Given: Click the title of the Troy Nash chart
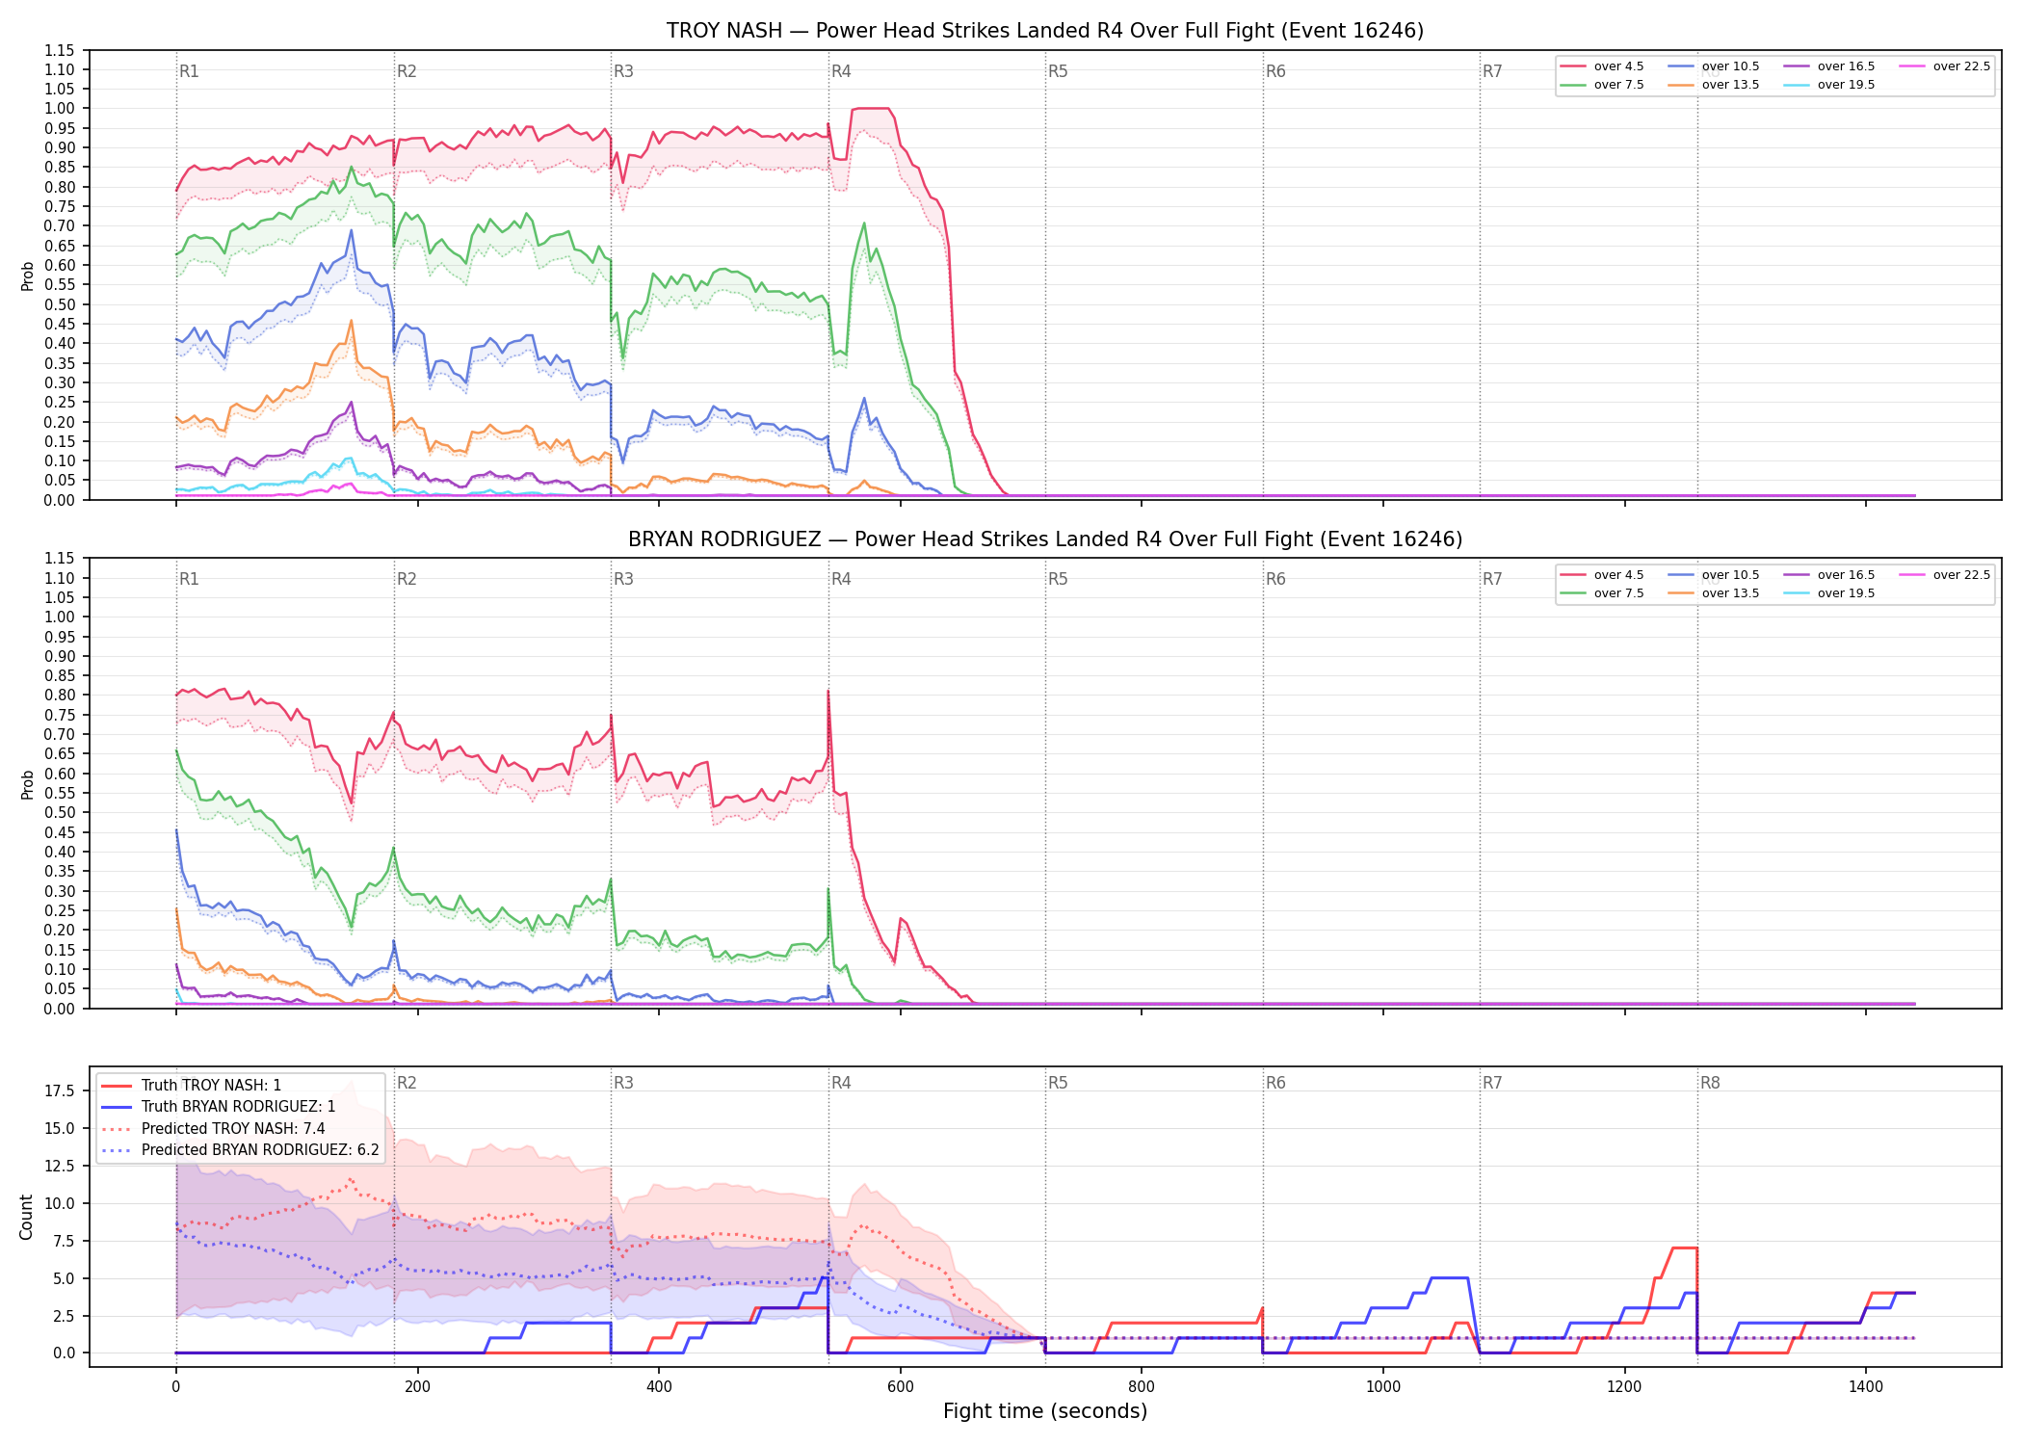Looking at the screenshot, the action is tap(1045, 31).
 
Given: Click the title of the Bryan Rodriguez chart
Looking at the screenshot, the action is tap(1045, 539).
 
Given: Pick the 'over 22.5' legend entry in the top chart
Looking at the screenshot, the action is tap(1944, 66).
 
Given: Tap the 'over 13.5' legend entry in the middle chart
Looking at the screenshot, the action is tap(1715, 593).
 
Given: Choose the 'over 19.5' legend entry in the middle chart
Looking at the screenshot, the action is tap(1830, 593).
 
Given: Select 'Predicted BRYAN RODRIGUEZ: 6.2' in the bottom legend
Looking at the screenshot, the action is tap(240, 1150).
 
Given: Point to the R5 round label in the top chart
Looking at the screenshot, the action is tap(1058, 71).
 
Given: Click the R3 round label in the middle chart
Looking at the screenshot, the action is tap(623, 579).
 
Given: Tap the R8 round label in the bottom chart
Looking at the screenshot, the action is tap(1710, 1083).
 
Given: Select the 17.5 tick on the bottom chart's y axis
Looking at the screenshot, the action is tap(60, 1091).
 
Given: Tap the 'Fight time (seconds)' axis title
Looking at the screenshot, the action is tap(1045, 1412).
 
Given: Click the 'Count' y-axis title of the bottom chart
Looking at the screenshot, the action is tap(26, 1217).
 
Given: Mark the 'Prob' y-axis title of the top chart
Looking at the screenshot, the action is tap(27, 276).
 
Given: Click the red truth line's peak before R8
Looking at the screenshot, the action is tap(1684, 1248).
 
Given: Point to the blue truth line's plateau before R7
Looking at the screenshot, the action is tap(1450, 1278).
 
